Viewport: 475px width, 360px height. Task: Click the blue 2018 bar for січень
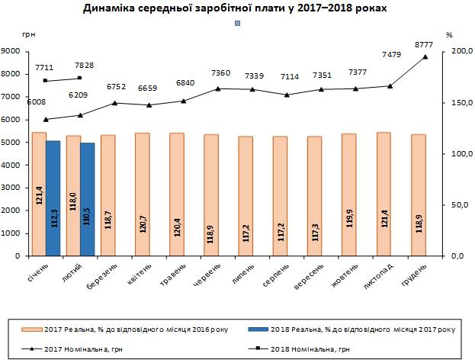pos(53,198)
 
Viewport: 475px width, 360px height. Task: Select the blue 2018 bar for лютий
pos(87,199)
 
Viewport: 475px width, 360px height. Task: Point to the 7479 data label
pos(390,54)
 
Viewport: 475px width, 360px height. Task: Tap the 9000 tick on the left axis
pos(11,51)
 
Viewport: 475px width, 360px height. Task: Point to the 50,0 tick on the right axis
pos(454,205)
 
